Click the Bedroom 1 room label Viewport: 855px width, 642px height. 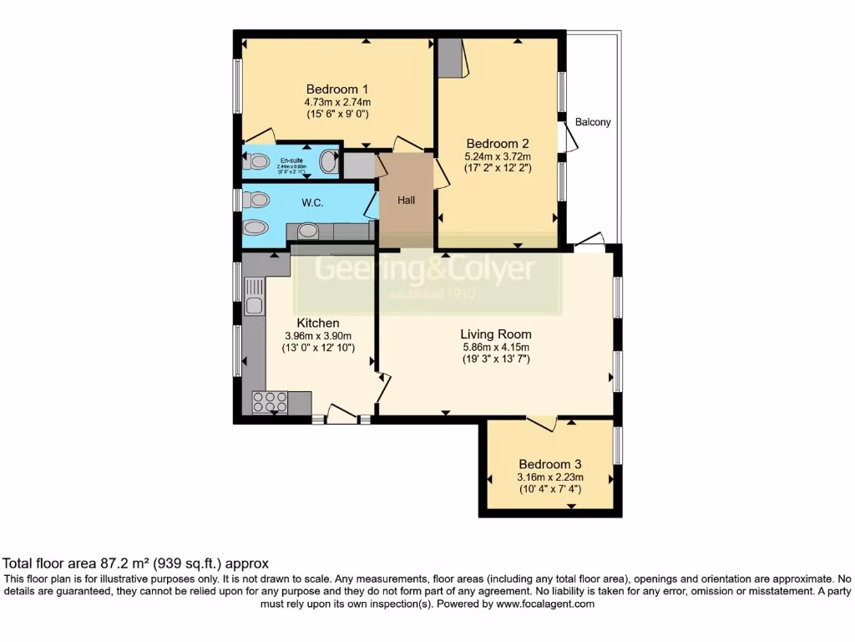(x=337, y=89)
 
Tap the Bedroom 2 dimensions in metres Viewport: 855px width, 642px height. (x=498, y=155)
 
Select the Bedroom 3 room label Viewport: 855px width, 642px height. (x=549, y=465)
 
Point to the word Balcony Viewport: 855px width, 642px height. (x=593, y=122)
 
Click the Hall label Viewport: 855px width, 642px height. (x=406, y=200)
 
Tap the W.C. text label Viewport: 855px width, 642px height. (x=312, y=201)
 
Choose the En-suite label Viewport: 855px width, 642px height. (x=291, y=160)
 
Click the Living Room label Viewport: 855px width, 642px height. (x=497, y=334)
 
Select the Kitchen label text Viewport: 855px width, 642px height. (x=318, y=323)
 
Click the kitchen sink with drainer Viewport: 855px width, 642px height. (x=254, y=297)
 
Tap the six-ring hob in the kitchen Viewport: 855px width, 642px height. (x=270, y=402)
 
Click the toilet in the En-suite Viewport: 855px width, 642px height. (x=255, y=161)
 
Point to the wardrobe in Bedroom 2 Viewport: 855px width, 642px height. (x=450, y=57)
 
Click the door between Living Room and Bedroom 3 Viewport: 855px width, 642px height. (x=542, y=423)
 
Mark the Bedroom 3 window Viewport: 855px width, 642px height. (x=618, y=445)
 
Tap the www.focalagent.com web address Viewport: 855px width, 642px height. (x=546, y=604)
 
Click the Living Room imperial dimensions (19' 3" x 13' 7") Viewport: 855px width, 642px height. (x=497, y=359)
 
